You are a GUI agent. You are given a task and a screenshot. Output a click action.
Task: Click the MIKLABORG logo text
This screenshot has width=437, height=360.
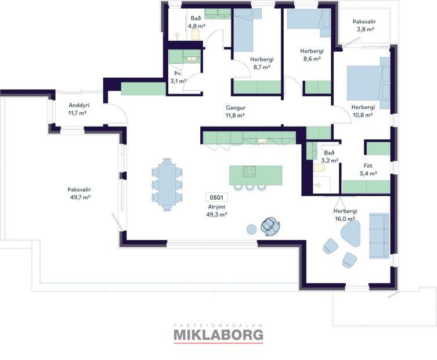point(218,335)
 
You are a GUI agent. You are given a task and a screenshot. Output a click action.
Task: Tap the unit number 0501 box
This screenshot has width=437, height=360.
point(216,197)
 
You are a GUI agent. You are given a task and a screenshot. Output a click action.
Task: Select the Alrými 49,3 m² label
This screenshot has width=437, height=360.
point(216,210)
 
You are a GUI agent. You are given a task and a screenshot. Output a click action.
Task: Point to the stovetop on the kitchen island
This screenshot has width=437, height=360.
point(249,172)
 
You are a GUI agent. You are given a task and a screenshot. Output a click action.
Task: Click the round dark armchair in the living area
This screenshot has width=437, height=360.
point(270,225)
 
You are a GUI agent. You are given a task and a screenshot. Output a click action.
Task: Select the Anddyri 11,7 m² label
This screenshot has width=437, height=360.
point(77,109)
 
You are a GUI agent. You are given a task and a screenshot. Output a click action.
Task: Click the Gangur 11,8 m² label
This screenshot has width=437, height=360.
point(234,111)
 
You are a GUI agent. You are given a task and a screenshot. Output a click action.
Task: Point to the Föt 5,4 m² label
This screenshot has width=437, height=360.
point(369,170)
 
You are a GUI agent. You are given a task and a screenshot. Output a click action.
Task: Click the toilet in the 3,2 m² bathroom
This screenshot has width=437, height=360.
point(318,168)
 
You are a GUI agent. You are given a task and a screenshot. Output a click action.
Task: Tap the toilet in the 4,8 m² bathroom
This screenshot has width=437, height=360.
point(196,35)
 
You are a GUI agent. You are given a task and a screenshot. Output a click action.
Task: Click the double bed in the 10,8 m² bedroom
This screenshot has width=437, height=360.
point(369,83)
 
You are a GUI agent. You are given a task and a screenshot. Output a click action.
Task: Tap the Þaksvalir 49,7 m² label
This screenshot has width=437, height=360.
point(79,193)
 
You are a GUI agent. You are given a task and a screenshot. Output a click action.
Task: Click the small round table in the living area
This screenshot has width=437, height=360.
point(252,228)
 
